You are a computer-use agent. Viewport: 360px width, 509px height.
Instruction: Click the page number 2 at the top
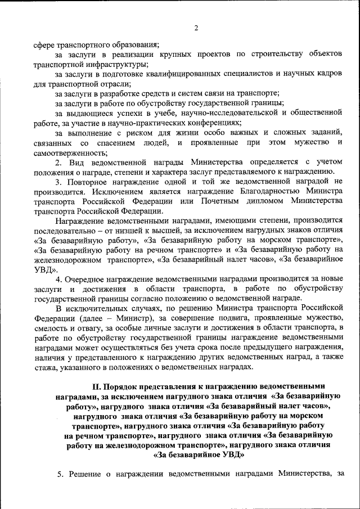click(196, 28)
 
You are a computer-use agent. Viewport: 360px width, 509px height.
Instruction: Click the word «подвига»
click(203, 318)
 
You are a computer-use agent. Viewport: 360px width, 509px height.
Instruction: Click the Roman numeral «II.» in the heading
click(96, 386)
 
